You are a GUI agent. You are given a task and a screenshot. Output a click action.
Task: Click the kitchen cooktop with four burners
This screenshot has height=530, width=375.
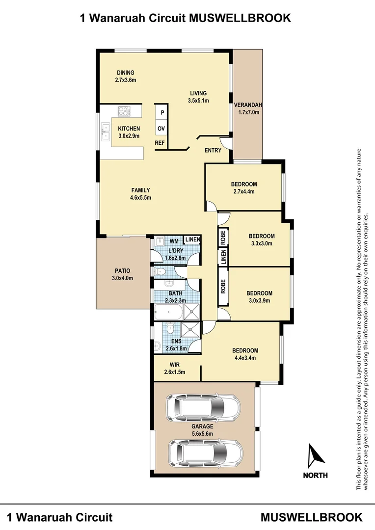pos(123,112)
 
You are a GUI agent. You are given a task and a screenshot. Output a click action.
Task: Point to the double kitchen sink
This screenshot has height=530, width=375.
pos(105,130)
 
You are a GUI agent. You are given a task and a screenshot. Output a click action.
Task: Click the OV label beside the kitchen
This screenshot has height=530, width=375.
pos(161,129)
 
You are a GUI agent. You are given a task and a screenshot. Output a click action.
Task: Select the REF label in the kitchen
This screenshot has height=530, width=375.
pos(160,143)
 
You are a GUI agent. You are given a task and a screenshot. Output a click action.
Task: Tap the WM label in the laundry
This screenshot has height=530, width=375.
pos(174,241)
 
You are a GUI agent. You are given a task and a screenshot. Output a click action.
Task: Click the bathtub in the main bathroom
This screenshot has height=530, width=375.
pos(169,311)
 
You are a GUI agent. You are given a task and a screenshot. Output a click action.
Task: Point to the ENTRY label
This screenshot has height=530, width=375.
pos(213,150)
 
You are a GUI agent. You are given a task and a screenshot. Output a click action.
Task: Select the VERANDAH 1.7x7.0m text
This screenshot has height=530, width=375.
pos(248,108)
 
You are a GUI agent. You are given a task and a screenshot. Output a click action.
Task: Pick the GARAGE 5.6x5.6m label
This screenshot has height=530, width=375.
pos(203,429)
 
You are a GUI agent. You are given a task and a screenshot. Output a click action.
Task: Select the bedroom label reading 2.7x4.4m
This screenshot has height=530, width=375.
pos(244,192)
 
